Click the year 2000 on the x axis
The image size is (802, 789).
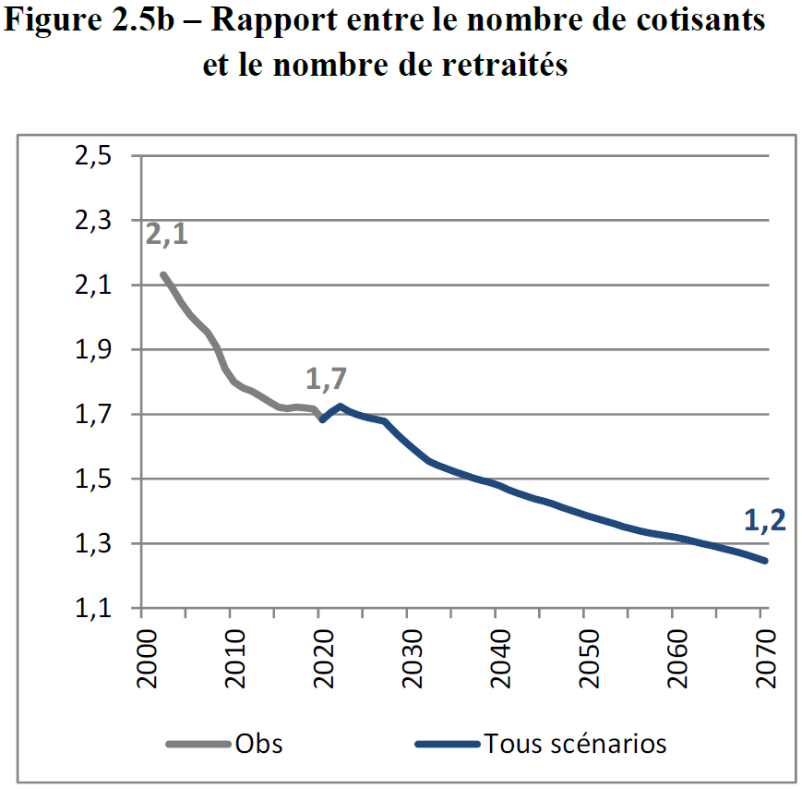pos(141,659)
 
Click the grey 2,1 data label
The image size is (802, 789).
pos(166,234)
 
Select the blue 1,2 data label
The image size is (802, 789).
pos(764,522)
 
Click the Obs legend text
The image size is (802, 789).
pos(259,743)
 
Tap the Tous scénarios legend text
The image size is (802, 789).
pos(575,743)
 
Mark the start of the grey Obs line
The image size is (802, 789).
pos(162,274)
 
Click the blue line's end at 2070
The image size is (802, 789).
pos(765,561)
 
